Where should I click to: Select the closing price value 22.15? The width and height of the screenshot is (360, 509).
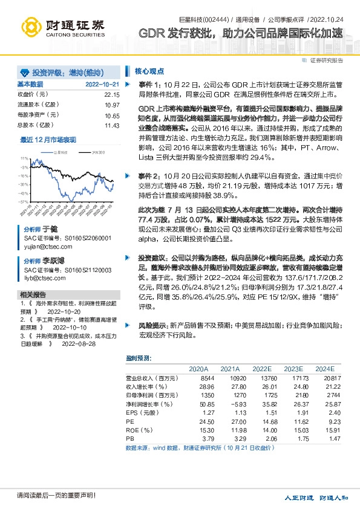111,94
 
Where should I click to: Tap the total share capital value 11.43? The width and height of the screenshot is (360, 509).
111,125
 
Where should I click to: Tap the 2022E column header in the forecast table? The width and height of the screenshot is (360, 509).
262,368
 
